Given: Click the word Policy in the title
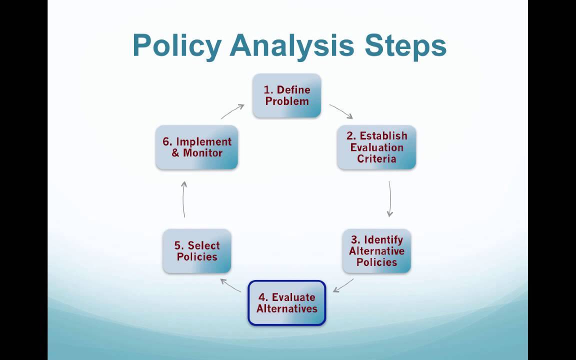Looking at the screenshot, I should (x=176, y=45).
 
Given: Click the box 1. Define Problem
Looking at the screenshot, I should (x=286, y=95).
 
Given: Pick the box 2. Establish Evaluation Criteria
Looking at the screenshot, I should (x=376, y=147).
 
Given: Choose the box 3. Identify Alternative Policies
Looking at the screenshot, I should (x=376, y=251).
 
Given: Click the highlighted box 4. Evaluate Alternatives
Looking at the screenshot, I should (x=287, y=303).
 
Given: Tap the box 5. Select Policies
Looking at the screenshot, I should (x=197, y=251).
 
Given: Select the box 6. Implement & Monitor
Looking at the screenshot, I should (x=196, y=147).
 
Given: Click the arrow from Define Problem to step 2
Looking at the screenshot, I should (x=341, y=111).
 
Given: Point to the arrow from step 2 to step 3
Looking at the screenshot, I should (x=389, y=199).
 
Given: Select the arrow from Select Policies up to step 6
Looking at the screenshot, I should (x=184, y=199).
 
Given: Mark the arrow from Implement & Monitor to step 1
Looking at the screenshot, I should (x=232, y=111).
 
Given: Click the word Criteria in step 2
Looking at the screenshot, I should (x=376, y=159).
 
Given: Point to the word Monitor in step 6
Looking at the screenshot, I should (x=203, y=153).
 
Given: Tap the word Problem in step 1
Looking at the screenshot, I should (x=286, y=101).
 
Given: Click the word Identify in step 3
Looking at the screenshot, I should (x=383, y=239).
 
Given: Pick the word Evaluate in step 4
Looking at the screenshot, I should (x=293, y=297).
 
